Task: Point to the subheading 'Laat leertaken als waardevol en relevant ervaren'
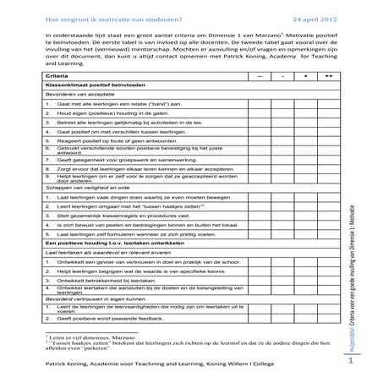110,253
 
